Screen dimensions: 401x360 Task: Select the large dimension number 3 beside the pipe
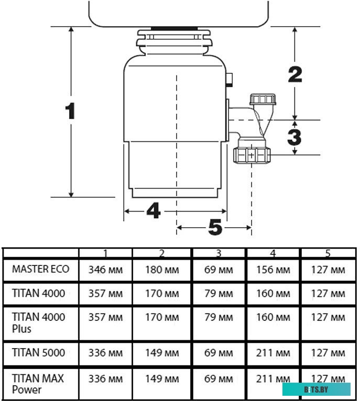tap(294, 137)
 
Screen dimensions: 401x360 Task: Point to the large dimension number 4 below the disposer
tap(153, 211)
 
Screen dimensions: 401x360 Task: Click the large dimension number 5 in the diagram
tap(215, 228)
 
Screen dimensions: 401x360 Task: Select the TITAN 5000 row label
tap(38, 352)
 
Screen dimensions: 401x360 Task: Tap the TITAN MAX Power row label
tap(38, 383)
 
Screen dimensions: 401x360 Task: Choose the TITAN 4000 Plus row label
tap(38, 322)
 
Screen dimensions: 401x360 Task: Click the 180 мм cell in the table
tap(162, 270)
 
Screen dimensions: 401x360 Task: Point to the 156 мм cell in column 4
tap(273, 270)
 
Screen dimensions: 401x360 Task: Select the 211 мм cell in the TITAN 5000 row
tap(273, 353)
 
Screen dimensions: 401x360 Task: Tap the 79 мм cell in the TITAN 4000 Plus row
tap(219, 317)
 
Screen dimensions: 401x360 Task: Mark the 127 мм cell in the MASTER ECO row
tap(328, 270)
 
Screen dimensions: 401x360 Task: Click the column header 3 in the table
tap(219, 253)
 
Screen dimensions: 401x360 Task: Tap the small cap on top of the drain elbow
tap(263, 99)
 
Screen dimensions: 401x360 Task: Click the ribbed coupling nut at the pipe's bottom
tap(252, 154)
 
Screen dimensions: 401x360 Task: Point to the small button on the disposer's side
tap(230, 81)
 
